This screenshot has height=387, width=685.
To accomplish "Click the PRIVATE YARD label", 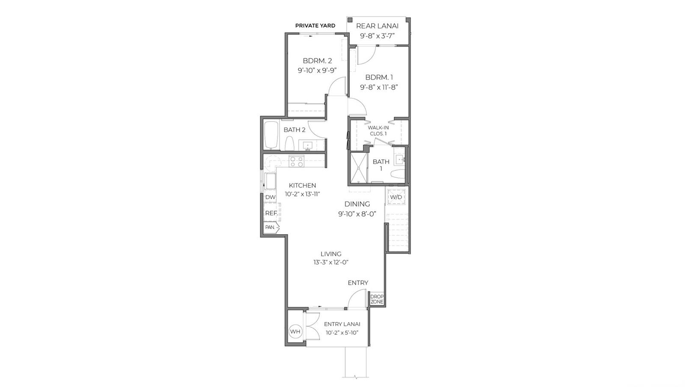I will point(315,26).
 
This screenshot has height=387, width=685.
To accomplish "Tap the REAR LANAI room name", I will point(377,26).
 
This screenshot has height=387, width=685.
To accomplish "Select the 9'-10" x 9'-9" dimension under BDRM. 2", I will point(317,70).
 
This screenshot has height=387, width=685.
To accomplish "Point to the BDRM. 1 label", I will point(379,77).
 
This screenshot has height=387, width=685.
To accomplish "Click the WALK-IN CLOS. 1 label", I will point(378,131).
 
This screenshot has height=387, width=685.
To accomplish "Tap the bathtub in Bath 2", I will point(271,136).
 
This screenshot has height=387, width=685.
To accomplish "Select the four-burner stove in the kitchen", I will point(296,161).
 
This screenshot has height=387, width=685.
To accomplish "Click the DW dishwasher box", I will point(270,197).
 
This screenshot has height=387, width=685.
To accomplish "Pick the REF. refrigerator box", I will point(271,213).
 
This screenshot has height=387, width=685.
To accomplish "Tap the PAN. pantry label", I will point(270,227).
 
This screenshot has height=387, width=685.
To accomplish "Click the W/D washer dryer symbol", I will point(396,197).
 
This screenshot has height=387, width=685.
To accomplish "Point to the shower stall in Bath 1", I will point(359,167).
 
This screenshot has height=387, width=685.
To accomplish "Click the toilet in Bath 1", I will point(398,174).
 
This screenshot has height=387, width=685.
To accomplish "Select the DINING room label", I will point(357,204).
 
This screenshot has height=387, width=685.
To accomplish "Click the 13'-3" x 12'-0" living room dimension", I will point(331,262).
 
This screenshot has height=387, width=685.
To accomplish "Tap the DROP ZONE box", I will point(377,299).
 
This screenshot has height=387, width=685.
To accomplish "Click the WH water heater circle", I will point(295,331).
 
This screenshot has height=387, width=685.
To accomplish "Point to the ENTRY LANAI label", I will point(342,324).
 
